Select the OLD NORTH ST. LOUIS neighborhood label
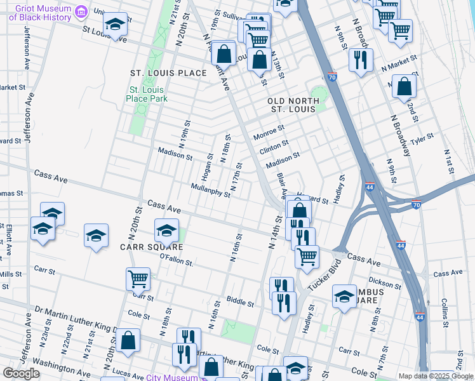pyautogui.click(x=291, y=105)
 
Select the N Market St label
pyautogui.click(x=399, y=62)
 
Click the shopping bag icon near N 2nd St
pyautogui.click(x=404, y=86)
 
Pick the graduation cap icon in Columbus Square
pyautogui.click(x=345, y=297)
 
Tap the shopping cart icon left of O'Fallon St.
pyautogui.click(x=138, y=278)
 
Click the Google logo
pyautogui.click(x=20, y=373)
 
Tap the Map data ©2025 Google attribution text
pyautogui.click(x=436, y=376)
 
